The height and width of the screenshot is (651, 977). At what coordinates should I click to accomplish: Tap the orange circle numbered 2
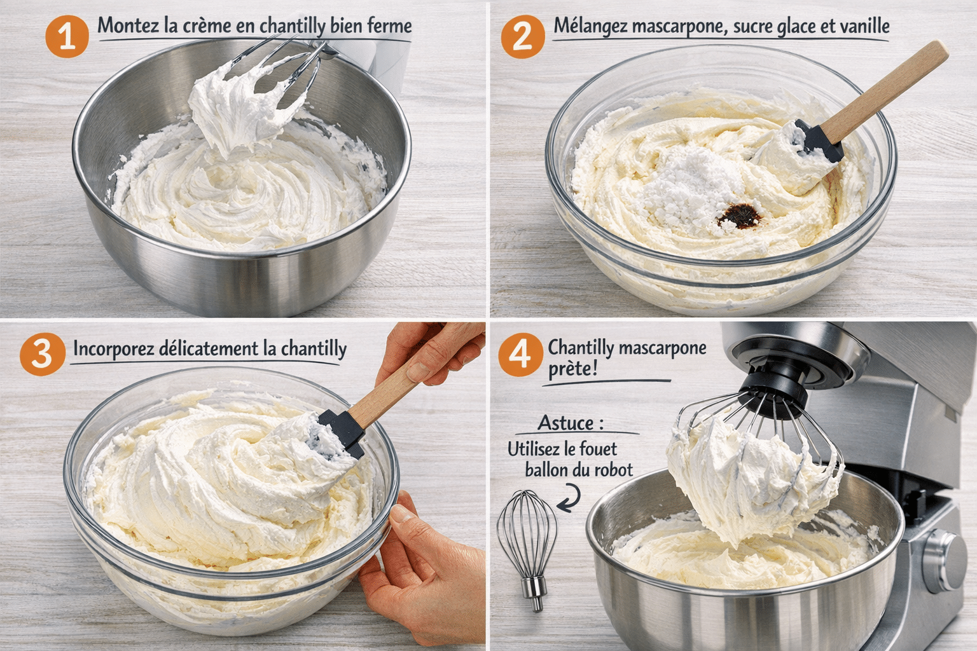(x=522, y=36)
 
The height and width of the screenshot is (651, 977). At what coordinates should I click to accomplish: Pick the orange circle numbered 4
(x=520, y=354)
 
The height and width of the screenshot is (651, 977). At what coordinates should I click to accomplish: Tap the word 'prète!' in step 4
(x=572, y=369)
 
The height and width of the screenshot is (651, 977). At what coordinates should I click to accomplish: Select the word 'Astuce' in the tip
(x=566, y=423)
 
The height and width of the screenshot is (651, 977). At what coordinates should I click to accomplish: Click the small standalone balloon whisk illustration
(x=527, y=547)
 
